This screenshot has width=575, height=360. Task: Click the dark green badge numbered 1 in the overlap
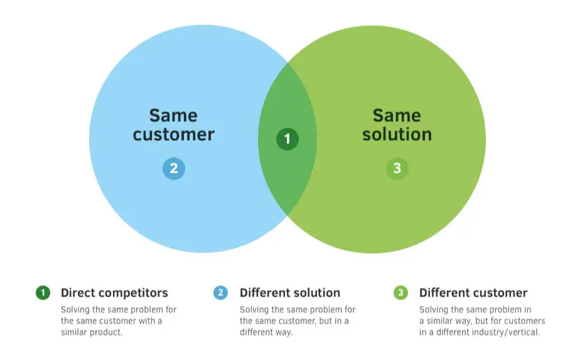coord(287,139)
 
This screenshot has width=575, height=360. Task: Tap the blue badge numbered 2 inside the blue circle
coord(174,168)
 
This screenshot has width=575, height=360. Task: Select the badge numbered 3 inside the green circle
coord(397,168)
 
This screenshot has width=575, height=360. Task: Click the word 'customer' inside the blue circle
coord(173,134)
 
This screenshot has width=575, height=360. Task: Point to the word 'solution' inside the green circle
coord(397,134)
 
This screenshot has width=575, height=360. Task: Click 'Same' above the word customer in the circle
coord(173,116)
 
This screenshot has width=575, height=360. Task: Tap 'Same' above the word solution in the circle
coord(397,116)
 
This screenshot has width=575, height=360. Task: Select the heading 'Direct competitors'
coord(114,293)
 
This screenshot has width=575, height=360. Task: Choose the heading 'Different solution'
coord(290,293)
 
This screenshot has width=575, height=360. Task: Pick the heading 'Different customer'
coord(473,293)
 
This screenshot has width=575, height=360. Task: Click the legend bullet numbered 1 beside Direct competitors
coord(43,293)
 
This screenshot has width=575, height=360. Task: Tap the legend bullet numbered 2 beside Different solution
coord(220,293)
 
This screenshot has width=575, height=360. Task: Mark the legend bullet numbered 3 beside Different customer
coord(400,293)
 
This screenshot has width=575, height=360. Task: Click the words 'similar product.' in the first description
coord(92,332)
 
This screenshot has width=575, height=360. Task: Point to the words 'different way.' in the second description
coord(266,332)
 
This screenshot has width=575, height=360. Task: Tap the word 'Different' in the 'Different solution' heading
coord(263,293)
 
